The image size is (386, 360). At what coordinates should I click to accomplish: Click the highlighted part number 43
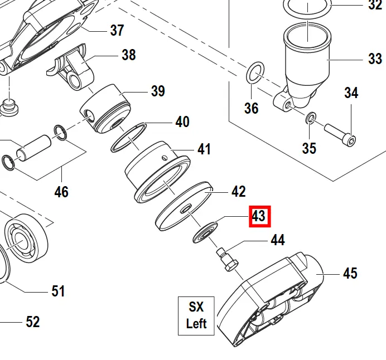pyautogui.click(x=259, y=216)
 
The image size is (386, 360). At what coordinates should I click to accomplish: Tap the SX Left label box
pyautogui.click(x=196, y=315)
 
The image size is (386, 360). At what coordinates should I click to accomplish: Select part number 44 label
pyautogui.click(x=277, y=240)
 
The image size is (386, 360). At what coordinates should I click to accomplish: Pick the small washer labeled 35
pyautogui.click(x=311, y=118)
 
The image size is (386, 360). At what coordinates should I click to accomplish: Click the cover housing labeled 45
pyautogui.click(x=268, y=298)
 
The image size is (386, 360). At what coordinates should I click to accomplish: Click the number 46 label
pyautogui.click(x=61, y=192)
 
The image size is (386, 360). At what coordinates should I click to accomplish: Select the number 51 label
pyautogui.click(x=58, y=291)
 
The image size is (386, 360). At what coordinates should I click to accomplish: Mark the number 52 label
pyautogui.click(x=33, y=322)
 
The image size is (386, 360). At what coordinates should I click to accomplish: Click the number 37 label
pyautogui.click(x=117, y=30)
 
